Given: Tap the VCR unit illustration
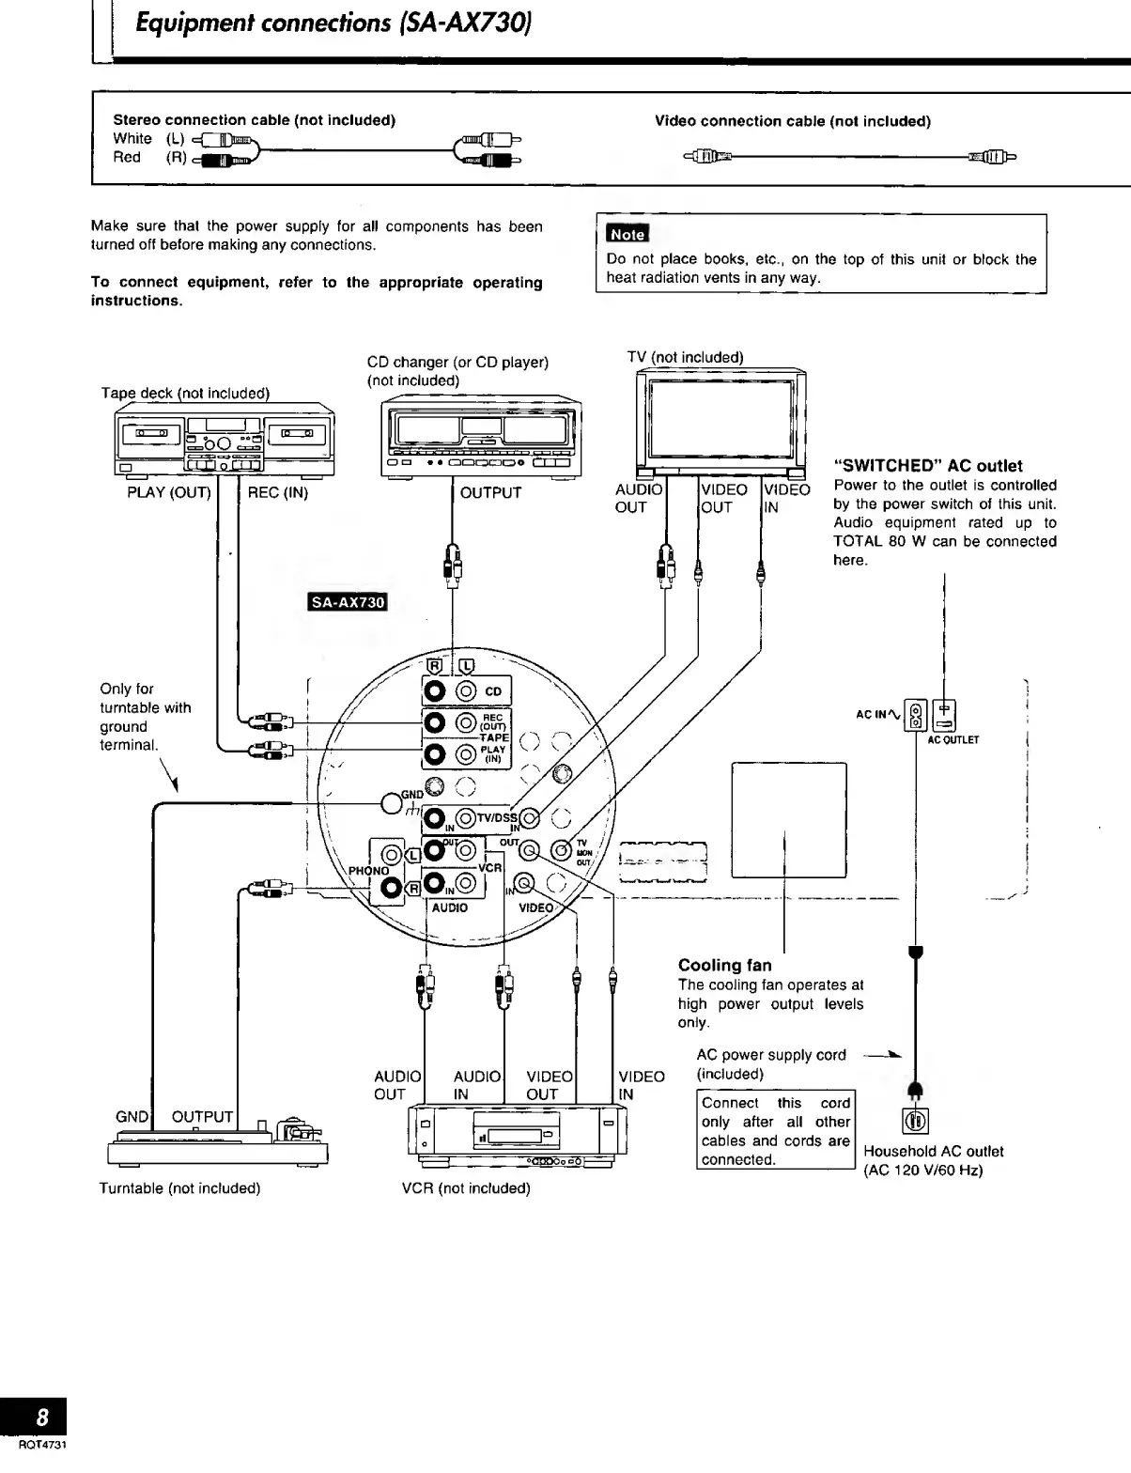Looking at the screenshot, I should (511, 1138).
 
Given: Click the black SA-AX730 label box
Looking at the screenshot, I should (349, 602).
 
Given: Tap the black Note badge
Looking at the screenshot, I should (627, 234).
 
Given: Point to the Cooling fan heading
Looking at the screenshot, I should (724, 965).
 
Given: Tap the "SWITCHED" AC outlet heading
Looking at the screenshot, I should (928, 466).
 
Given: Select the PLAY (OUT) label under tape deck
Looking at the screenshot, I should (169, 492).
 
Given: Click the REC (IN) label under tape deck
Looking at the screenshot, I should (277, 492).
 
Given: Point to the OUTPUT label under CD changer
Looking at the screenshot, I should (490, 492).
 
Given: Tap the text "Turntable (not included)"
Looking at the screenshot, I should (179, 1188).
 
